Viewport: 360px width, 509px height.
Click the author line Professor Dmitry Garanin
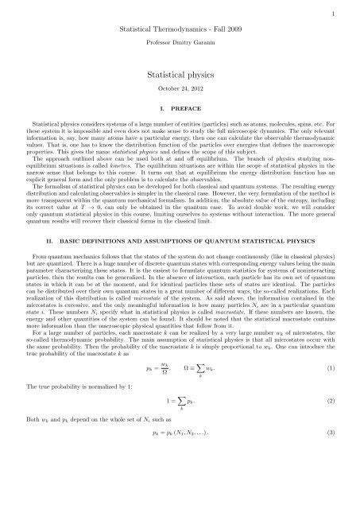tap(180, 39)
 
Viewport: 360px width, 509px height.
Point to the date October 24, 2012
tap(180, 87)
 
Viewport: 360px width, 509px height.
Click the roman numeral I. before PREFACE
tap(161, 106)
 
